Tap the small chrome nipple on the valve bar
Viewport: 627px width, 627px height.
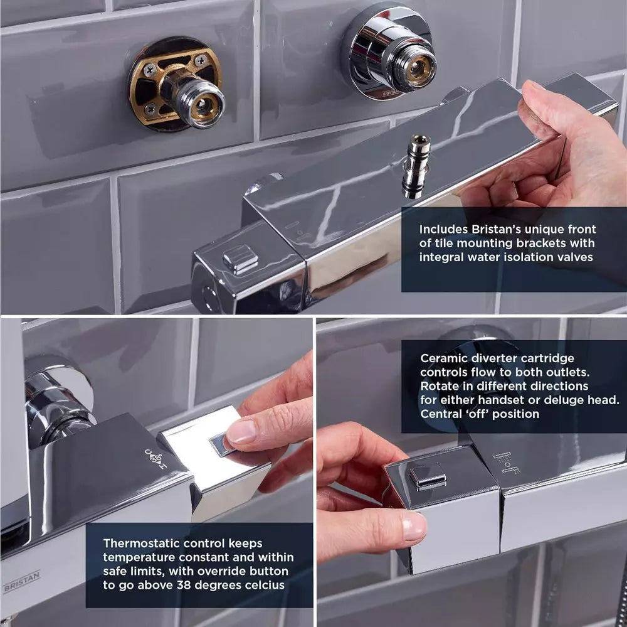click(416, 166)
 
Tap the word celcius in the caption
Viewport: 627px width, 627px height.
click(265, 585)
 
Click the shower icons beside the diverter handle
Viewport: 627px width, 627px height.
click(506, 463)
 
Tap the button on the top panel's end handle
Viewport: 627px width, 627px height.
click(240, 259)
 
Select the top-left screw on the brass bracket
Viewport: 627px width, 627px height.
click(150, 70)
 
